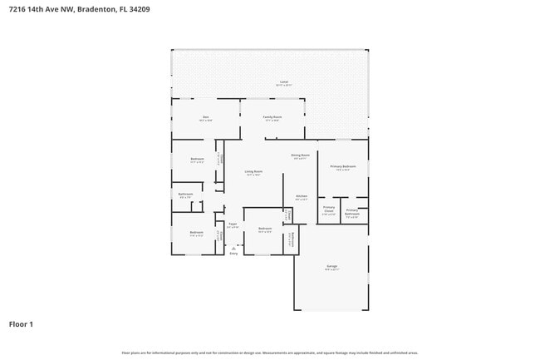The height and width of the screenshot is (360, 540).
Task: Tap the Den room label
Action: [205, 117]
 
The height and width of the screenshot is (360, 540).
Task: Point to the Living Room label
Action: [253, 171]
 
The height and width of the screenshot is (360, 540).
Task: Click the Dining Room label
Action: [300, 155]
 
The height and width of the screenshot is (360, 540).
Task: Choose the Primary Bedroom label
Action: [343, 166]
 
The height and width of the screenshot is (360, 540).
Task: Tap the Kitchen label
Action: [302, 196]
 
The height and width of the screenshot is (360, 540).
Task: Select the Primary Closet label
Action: [329, 209]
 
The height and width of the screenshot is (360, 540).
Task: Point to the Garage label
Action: [331, 266]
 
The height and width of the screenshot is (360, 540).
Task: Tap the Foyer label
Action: [233, 224]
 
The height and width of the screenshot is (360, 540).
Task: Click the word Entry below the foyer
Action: [233, 253]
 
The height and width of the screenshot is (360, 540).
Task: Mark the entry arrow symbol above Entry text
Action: [233, 247]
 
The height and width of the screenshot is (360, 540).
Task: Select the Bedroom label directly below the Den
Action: [197, 159]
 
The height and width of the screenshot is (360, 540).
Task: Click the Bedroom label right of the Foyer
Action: [265, 229]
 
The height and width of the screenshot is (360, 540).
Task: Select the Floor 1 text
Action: [21, 323]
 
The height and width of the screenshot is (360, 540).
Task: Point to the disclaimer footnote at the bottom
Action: [270, 353]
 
